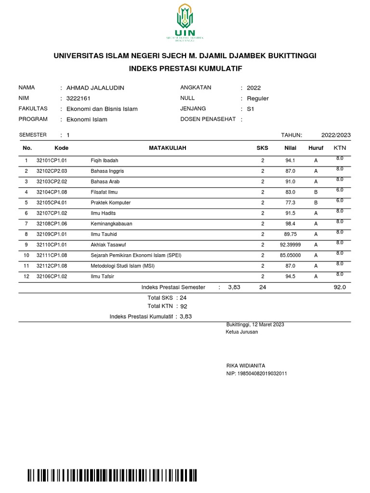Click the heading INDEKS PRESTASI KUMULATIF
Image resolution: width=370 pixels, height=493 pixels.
[185, 69]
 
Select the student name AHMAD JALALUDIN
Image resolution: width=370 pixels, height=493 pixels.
[95, 88]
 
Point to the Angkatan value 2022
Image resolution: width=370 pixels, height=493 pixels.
[253, 88]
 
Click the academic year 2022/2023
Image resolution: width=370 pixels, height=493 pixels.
[336, 135]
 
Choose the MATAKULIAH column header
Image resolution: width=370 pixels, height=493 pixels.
[167, 148]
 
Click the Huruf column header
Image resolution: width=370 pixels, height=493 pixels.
[316, 148]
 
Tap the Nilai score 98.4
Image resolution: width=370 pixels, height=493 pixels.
[290, 224]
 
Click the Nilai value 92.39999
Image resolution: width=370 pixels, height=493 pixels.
[290, 245]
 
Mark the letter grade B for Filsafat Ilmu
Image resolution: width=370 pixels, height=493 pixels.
[316, 192]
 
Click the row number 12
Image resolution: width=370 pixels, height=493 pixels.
[27, 277]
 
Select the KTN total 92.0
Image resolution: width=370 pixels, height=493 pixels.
[339, 287]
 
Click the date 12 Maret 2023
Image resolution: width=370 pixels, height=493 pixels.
[266, 324]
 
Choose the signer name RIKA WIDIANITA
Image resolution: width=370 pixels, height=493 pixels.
[246, 366]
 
